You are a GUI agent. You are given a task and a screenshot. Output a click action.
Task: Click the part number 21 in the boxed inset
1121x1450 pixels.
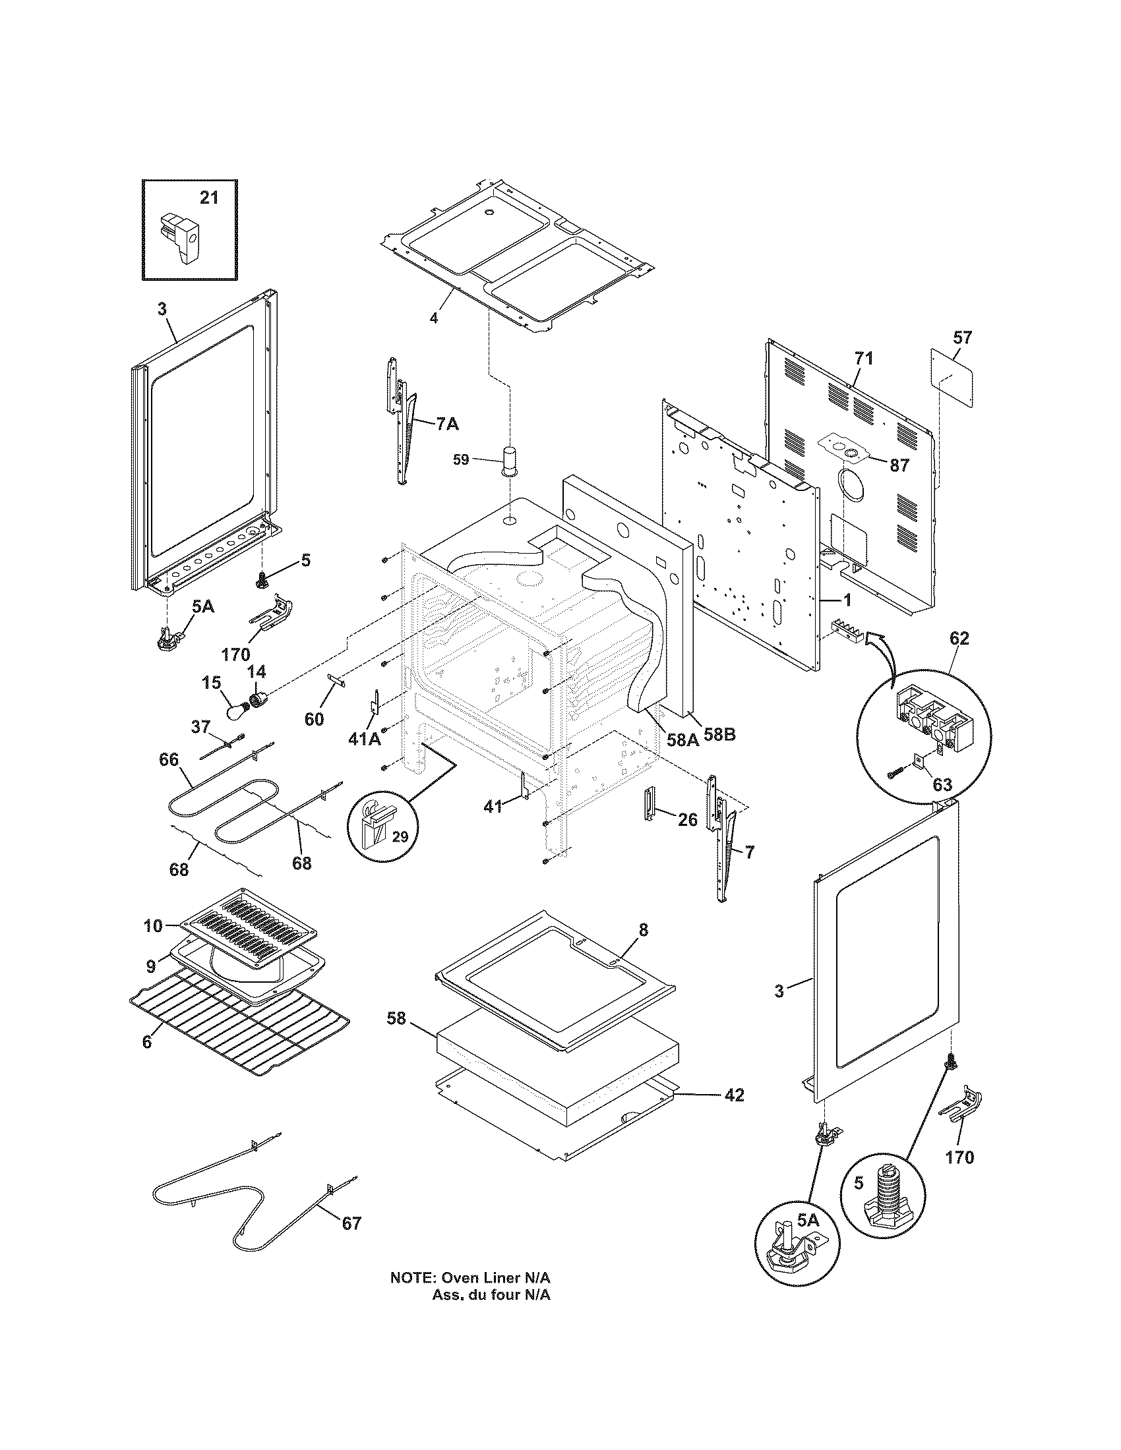[x=208, y=197]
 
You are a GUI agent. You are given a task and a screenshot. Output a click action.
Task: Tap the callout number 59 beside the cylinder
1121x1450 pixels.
[x=461, y=459]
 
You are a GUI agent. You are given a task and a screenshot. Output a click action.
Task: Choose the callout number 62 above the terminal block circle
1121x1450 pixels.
[x=959, y=639]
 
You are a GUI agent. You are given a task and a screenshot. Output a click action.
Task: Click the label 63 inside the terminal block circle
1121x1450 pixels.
[x=942, y=785]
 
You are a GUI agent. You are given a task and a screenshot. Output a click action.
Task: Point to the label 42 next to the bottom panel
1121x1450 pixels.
[x=733, y=1095]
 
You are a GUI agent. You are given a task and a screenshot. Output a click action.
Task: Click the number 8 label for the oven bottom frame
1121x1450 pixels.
[x=643, y=930]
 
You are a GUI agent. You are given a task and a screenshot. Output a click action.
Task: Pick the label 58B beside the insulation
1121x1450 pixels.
[x=719, y=736]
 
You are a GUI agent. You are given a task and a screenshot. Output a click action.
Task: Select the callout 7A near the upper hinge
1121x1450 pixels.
[x=447, y=424]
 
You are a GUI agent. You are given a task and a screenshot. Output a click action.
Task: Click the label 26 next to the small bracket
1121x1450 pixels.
[x=687, y=820]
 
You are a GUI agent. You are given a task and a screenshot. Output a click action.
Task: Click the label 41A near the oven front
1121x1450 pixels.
[x=365, y=738]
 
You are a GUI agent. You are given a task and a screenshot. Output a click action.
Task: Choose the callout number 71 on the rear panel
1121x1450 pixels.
[x=863, y=359]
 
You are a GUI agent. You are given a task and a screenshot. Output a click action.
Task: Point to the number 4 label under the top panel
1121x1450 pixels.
[x=433, y=318]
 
